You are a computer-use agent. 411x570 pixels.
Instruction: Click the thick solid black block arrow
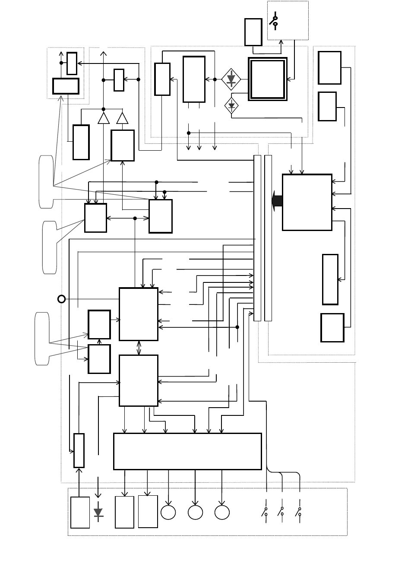click(277, 201)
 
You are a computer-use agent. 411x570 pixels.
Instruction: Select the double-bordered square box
click(268, 79)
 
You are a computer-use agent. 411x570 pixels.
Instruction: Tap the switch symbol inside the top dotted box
click(274, 21)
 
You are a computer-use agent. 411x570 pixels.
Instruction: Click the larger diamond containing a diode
click(231, 79)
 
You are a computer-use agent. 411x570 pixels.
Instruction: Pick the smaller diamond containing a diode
click(232, 105)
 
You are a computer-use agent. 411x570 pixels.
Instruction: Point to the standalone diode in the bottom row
click(98, 512)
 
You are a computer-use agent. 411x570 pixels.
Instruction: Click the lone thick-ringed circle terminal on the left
click(62, 298)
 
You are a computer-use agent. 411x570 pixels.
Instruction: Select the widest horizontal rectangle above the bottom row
click(187, 451)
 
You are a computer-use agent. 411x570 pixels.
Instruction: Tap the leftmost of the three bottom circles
click(168, 512)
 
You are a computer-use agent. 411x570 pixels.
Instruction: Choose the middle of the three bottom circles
click(195, 512)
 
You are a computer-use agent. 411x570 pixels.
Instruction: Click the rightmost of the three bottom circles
click(222, 512)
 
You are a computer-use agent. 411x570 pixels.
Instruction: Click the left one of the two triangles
click(104, 118)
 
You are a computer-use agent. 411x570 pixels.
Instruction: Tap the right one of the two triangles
click(123, 118)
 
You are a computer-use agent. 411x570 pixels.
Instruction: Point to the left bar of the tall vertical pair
click(257, 238)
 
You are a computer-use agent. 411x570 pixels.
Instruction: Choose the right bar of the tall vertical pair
click(268, 238)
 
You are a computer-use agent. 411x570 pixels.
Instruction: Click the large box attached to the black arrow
click(307, 202)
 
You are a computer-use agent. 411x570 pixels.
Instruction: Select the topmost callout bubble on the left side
click(46, 181)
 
